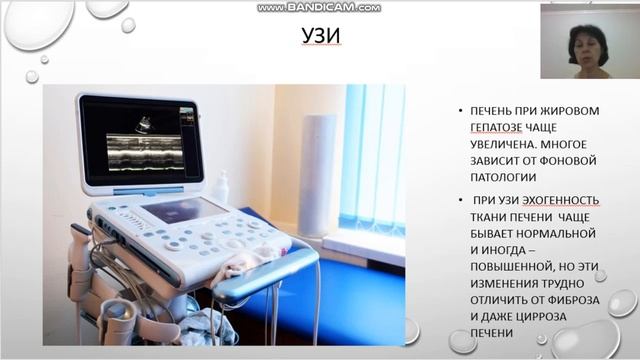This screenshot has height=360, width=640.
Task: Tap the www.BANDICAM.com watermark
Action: [319, 7]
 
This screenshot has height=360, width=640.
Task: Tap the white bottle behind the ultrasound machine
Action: [221, 188]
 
